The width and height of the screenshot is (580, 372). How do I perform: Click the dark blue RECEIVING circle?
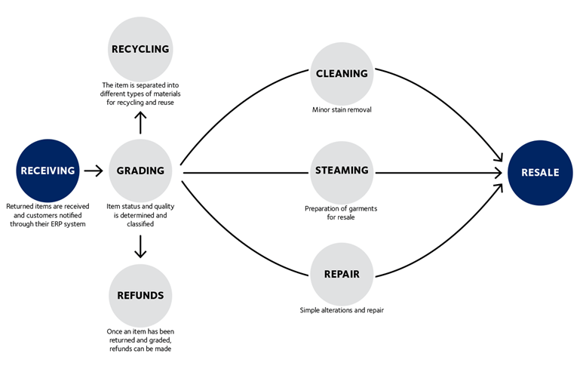48,171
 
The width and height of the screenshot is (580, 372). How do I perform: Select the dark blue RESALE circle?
540,173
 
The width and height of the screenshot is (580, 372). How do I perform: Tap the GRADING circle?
140,171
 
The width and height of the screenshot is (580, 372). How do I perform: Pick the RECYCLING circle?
140,49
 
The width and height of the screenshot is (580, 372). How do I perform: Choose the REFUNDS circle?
140,295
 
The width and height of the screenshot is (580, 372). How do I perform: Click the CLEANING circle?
342,74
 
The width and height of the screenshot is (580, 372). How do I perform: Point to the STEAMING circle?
342,173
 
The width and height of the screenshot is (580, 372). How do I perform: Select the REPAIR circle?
342,274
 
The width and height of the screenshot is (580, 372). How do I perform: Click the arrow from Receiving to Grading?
94,171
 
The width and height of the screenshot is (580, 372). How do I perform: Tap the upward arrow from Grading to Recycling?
140,122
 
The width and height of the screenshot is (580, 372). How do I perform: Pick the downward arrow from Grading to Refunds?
140,247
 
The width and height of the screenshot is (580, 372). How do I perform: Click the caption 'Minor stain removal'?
342,109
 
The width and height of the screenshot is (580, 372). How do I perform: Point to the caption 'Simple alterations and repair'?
342,310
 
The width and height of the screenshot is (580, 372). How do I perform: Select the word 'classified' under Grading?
140,224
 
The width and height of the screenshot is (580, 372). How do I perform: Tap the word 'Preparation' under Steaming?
321,209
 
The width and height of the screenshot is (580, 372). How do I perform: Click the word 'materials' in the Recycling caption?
167,94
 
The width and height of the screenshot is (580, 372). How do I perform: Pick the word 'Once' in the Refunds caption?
114,331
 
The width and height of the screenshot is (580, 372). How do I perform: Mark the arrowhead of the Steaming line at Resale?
498,173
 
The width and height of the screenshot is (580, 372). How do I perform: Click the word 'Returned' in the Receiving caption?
20,206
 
